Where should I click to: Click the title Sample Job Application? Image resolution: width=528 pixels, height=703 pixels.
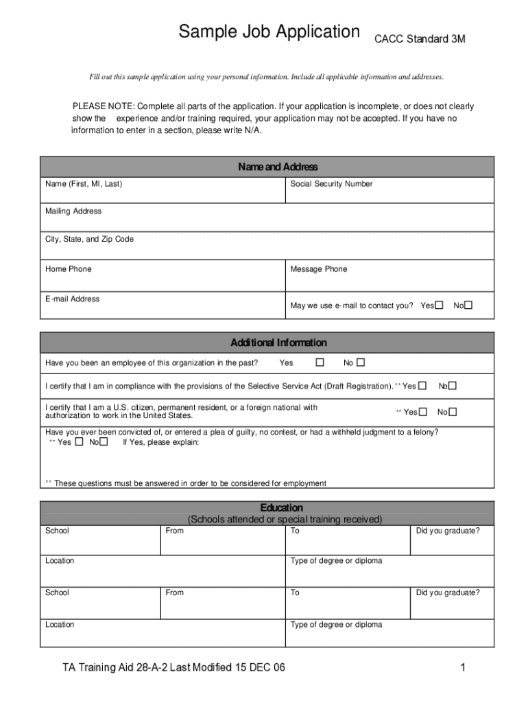pyautogui.click(x=269, y=32)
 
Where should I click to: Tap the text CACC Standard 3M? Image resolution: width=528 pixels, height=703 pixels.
pyautogui.click(x=419, y=39)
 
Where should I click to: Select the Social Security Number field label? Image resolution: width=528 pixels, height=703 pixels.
pyautogui.click(x=331, y=184)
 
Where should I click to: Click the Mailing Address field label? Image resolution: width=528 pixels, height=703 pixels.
pyautogui.click(x=73, y=211)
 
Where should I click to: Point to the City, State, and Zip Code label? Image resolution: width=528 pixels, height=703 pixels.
pyautogui.click(x=89, y=240)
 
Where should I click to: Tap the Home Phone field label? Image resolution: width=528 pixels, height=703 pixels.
pyautogui.click(x=68, y=269)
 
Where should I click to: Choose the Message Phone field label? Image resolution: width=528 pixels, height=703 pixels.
pyautogui.click(x=318, y=269)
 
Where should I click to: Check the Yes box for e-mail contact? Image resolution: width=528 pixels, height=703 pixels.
pyautogui.click(x=440, y=306)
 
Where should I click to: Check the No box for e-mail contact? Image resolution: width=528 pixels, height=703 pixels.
pyautogui.click(x=469, y=306)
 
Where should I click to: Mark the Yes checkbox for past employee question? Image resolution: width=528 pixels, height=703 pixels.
pyautogui.click(x=320, y=362)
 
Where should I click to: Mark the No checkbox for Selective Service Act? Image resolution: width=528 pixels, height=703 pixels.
pyautogui.click(x=452, y=386)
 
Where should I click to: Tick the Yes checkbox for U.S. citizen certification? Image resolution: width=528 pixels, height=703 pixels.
pyautogui.click(x=423, y=412)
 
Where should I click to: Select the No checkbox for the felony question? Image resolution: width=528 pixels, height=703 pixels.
pyautogui.click(x=103, y=442)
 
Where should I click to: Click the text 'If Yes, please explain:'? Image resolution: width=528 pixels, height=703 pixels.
pyautogui.click(x=160, y=442)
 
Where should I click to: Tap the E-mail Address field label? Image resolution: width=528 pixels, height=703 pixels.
pyautogui.click(x=72, y=299)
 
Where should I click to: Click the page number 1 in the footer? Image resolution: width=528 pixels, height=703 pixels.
pyautogui.click(x=464, y=668)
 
